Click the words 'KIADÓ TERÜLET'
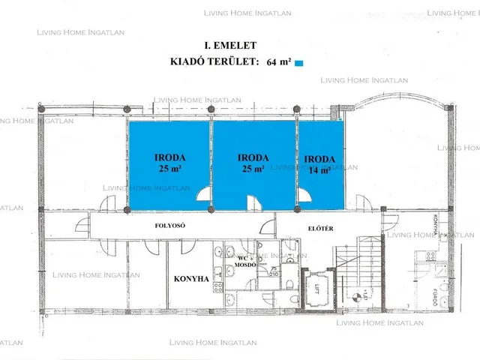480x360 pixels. [214, 63]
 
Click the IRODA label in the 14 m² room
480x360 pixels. [319, 159]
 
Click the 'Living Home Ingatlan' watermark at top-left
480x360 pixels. [81, 33]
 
